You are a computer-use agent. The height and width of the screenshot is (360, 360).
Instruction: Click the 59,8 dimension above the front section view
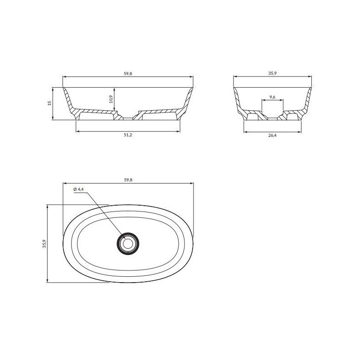click(128, 74)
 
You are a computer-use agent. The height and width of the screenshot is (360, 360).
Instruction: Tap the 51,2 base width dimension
click(128, 135)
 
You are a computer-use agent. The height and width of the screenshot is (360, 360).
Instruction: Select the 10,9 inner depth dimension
click(111, 99)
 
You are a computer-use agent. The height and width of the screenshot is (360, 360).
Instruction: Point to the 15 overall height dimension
click(49, 103)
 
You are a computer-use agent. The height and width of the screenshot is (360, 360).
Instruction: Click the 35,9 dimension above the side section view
click(272, 73)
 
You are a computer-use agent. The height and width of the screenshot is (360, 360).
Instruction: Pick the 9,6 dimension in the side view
click(273, 97)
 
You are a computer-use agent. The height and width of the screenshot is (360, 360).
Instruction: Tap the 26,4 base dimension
click(272, 135)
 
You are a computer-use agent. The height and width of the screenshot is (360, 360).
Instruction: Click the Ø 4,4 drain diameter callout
click(79, 189)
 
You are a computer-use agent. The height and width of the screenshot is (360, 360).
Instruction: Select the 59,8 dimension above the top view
click(128, 180)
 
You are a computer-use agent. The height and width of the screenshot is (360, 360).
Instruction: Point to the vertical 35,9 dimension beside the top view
click(44, 243)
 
